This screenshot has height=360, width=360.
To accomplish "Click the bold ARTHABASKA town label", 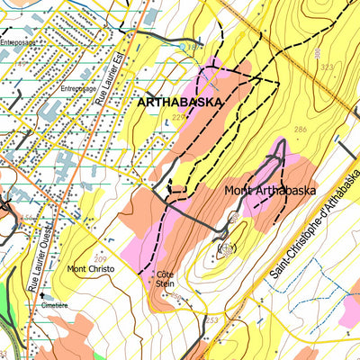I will click(179, 103).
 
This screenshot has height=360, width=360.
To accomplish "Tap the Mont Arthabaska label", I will click(267, 191).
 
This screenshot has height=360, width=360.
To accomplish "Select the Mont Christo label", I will click(90, 269).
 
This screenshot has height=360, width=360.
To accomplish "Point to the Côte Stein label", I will click(165, 278).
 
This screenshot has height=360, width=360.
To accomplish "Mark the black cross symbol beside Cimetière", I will click(40, 294).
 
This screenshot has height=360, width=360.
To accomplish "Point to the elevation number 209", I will click(101, 234).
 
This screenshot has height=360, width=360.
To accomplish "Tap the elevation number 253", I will click(212, 320).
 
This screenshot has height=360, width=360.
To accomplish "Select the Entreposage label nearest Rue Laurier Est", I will click(78, 89).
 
